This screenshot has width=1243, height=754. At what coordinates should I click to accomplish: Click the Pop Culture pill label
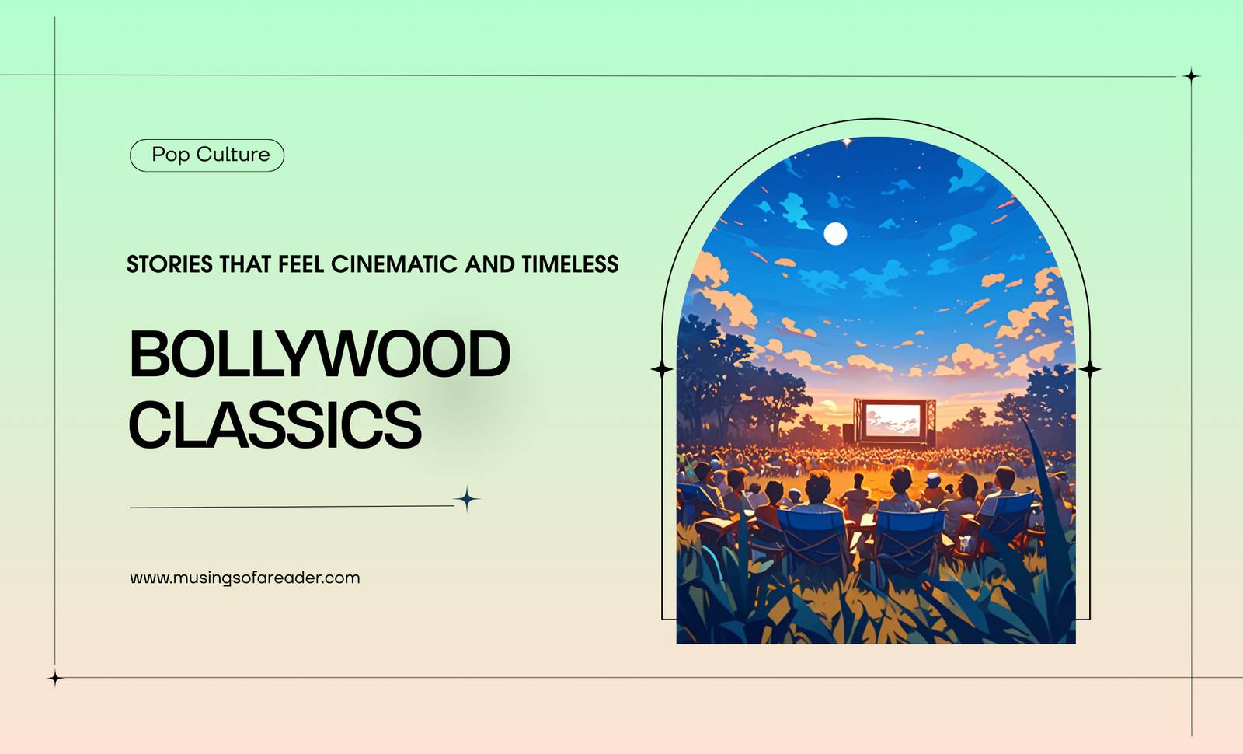pyautogui.click(x=207, y=155)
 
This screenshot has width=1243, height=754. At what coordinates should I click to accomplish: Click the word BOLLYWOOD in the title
pyautogui.click(x=319, y=354)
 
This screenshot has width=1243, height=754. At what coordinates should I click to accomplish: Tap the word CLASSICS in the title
pyautogui.click(x=275, y=424)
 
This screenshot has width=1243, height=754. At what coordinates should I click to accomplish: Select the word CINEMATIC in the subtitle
pyautogui.click(x=394, y=264)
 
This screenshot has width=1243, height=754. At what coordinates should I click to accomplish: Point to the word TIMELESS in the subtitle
pyautogui.click(x=570, y=264)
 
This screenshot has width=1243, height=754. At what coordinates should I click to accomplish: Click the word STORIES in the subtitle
pyautogui.click(x=169, y=264)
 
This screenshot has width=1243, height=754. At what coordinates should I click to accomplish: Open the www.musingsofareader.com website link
pyautogui.click(x=245, y=578)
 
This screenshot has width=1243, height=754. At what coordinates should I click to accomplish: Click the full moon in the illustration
pyautogui.click(x=835, y=234)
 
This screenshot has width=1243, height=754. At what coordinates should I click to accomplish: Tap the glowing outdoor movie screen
pyautogui.click(x=893, y=420)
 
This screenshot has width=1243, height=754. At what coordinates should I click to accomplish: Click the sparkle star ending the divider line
pyautogui.click(x=467, y=498)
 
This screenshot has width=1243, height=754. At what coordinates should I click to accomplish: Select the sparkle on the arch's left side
pyautogui.click(x=661, y=368)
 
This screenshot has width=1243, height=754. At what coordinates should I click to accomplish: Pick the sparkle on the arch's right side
pyautogui.click(x=1090, y=368)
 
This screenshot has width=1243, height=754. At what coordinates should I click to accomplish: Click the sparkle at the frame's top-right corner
pyautogui.click(x=1192, y=75)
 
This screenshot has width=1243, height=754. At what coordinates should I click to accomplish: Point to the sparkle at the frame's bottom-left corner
pyautogui.click(x=55, y=678)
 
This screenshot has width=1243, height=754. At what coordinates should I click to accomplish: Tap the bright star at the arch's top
pyautogui.click(x=847, y=142)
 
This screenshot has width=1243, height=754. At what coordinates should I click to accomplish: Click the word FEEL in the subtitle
pyautogui.click(x=301, y=264)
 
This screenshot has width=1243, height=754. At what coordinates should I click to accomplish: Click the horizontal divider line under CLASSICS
pyautogui.click(x=292, y=506)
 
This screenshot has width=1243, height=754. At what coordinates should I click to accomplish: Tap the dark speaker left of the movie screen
pyautogui.click(x=848, y=432)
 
